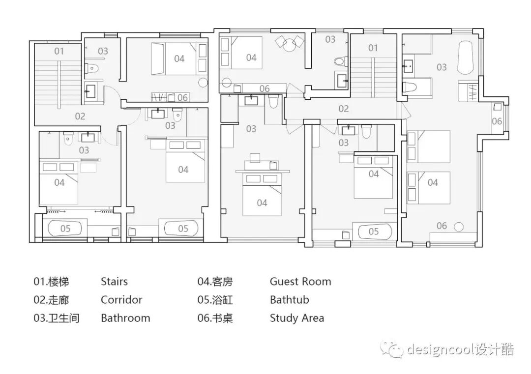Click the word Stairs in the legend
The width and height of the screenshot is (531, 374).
114,282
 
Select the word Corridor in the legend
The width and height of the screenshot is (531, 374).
121,300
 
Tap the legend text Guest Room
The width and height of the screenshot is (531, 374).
300,282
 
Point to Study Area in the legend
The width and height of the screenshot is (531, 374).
296,318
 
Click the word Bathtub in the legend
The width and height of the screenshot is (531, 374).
289,300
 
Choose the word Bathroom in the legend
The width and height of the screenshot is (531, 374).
125,318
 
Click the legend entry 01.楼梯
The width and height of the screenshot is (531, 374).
51,282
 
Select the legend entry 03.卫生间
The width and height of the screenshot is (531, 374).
56,318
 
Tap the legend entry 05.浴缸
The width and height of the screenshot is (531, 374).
215,300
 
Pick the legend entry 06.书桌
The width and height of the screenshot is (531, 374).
215,318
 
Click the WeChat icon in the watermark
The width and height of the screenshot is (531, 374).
391,349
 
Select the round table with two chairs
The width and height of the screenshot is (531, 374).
289,43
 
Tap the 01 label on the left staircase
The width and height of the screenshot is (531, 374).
59,51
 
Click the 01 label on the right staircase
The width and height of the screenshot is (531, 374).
373,48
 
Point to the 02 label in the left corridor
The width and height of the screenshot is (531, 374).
80,116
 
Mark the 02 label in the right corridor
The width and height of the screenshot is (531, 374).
343,109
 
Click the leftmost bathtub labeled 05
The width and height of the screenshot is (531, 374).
65,229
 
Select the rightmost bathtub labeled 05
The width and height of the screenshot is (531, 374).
373,231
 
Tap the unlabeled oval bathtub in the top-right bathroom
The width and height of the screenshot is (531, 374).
465,58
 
